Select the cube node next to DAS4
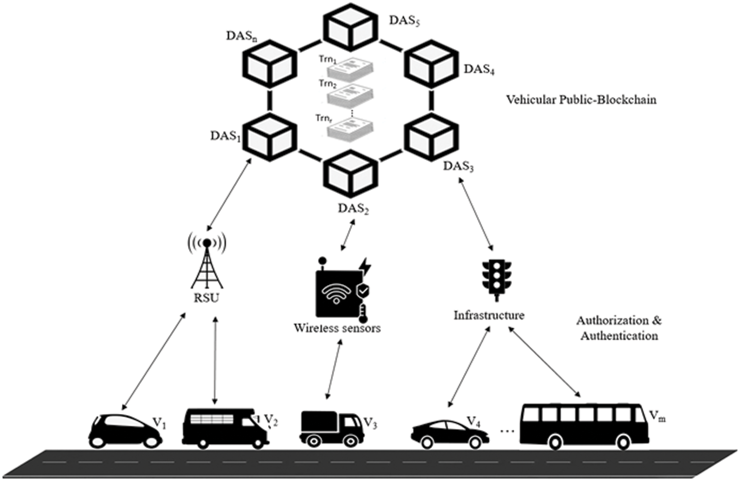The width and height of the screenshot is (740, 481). (x=432, y=64)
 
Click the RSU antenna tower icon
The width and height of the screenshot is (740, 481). (x=207, y=262)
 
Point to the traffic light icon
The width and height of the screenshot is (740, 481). (x=496, y=280)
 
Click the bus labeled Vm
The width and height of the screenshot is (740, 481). (x=584, y=426)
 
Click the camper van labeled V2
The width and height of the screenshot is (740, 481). (x=225, y=429)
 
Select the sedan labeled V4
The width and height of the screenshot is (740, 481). (x=450, y=434)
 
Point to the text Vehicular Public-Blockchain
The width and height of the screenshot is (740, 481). (x=582, y=99)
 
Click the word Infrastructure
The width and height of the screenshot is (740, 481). (x=489, y=315)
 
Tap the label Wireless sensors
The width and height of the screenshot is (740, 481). (x=337, y=328)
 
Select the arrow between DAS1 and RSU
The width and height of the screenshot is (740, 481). (x=229, y=194)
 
